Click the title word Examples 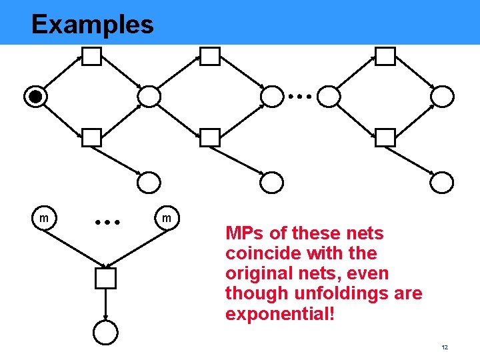pos(92,25)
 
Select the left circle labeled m pos(44,218)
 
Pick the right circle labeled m pos(167,218)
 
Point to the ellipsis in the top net pos(300,97)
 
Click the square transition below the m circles pos(105,278)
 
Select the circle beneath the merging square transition pos(105,331)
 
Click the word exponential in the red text pos(279,313)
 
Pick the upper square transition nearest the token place pos(91,57)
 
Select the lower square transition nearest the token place pos(91,137)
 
